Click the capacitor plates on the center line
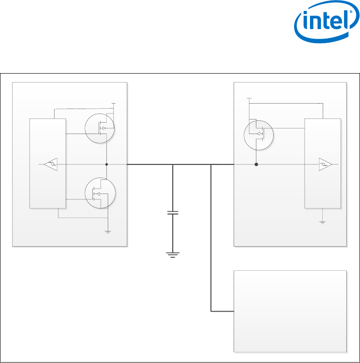click(173, 213)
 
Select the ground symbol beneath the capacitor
click(173, 254)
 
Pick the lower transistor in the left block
click(100, 194)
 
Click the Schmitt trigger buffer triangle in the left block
click(51, 164)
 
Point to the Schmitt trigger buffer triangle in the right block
click(325, 164)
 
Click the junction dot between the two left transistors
click(106, 164)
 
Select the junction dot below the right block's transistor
click(256, 164)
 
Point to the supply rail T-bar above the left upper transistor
click(114, 104)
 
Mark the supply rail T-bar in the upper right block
click(249, 98)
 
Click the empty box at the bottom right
click(290, 311)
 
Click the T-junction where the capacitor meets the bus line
click(173, 164)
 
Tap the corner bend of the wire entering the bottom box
click(211, 311)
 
